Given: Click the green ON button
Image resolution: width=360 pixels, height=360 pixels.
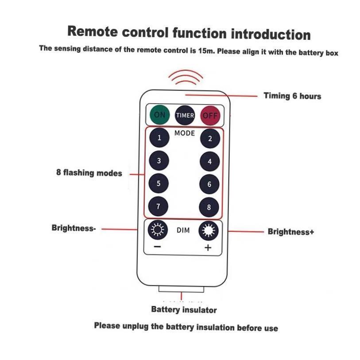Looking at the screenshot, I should (x=159, y=115).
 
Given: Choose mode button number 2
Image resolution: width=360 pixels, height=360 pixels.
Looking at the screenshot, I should (x=210, y=139).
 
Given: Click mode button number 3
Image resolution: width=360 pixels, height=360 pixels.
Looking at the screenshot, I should (x=159, y=161).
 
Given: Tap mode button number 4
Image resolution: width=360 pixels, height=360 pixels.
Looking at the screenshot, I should (x=210, y=162).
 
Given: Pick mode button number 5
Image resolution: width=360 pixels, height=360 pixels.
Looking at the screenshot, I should (x=159, y=183).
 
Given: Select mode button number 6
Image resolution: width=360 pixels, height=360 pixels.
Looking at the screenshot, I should (x=209, y=184).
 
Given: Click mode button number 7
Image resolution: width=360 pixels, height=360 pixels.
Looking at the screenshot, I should (x=159, y=206).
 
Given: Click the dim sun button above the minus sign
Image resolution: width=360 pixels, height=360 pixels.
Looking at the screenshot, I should (x=158, y=229).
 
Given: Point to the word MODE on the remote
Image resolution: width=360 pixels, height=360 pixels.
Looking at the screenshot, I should (x=185, y=133).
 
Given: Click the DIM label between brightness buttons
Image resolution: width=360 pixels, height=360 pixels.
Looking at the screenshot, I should (x=183, y=230).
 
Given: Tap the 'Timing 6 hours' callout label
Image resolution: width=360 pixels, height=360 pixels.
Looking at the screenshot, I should (x=292, y=96).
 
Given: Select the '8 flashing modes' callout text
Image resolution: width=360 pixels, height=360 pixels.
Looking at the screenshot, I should (x=89, y=173).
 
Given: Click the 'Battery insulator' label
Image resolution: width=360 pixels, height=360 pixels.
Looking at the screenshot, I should (x=184, y=310).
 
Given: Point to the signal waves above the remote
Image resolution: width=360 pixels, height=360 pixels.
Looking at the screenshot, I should (x=186, y=78).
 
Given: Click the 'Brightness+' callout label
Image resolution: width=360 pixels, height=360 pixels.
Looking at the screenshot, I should (x=290, y=232).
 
